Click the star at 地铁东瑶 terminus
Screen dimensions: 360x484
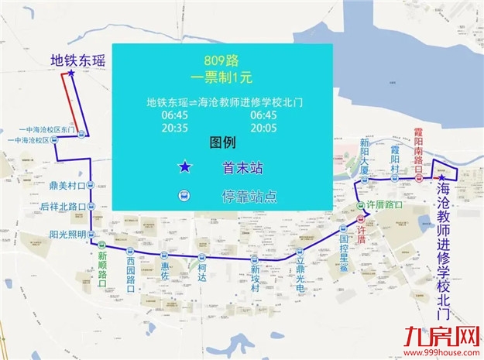point(71,74)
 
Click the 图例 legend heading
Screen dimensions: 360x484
point(221,145)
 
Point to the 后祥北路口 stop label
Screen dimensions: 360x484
point(61,207)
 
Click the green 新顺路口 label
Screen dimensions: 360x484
point(102,268)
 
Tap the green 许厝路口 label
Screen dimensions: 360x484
point(385,205)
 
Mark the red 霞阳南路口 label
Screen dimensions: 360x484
point(419,154)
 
